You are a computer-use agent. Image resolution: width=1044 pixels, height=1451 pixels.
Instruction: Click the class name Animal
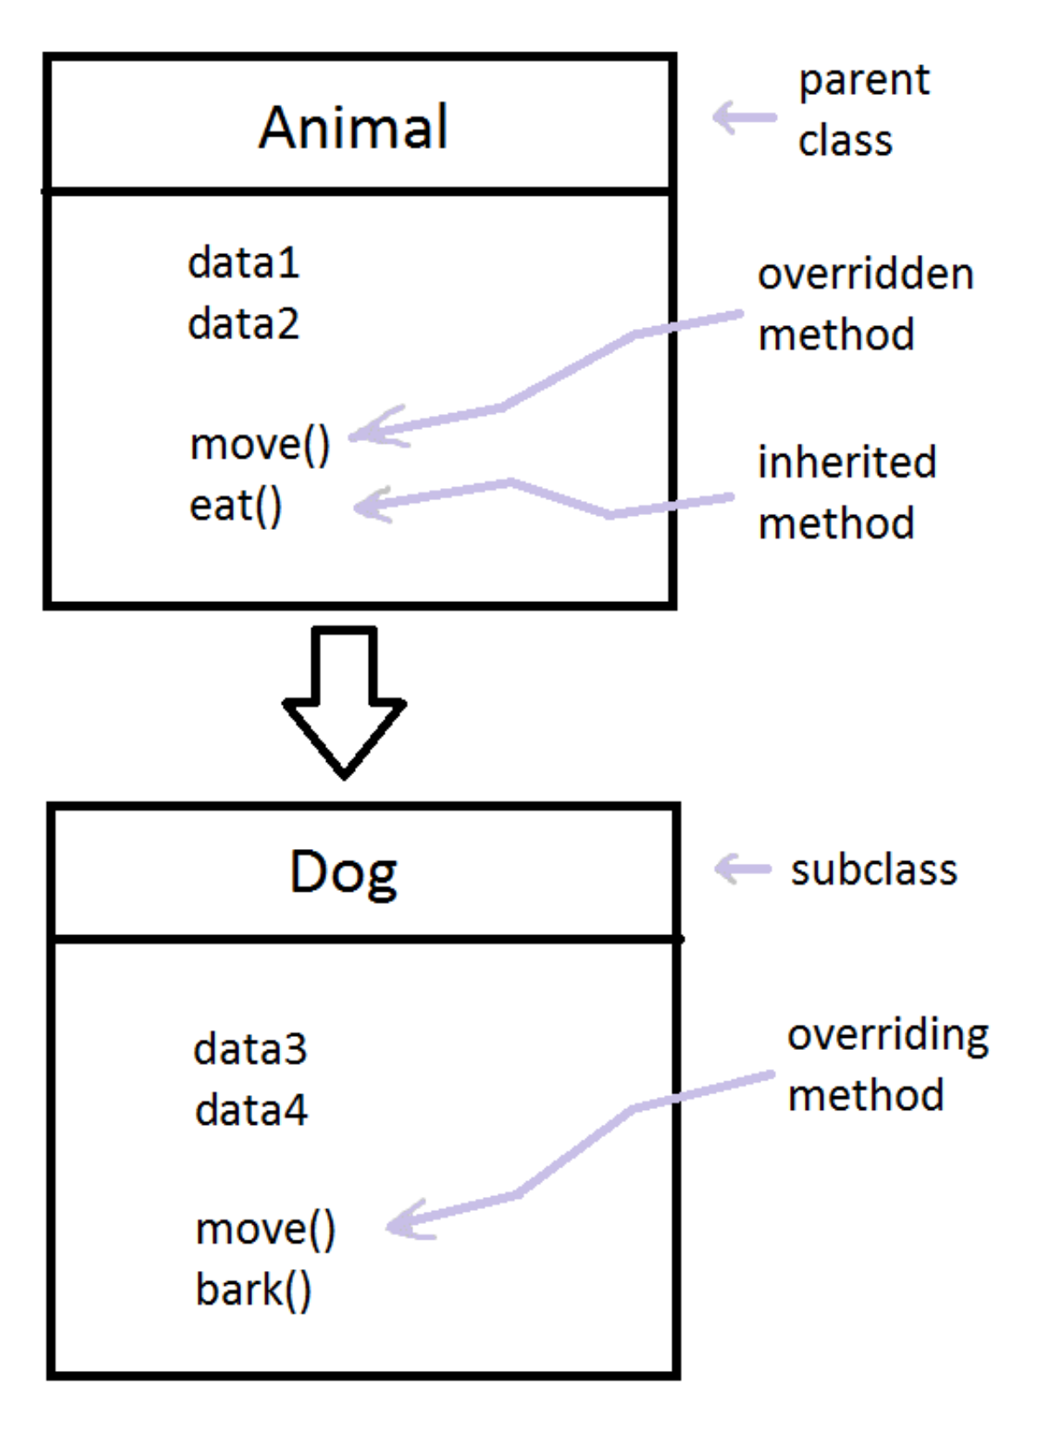coord(353,126)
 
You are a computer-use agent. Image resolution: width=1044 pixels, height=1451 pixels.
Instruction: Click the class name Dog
coord(344,873)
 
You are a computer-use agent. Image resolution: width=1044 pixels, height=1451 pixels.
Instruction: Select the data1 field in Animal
coord(244,263)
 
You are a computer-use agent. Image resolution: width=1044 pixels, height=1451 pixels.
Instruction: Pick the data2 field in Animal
coord(244,323)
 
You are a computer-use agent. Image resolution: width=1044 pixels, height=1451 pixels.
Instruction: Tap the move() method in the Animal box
coord(260,445)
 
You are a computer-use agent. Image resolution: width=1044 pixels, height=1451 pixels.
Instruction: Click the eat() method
coord(235,506)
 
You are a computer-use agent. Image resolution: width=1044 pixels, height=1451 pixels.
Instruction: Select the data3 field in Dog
coord(250,1049)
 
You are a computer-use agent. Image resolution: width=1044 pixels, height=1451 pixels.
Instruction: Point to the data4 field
coord(251,1110)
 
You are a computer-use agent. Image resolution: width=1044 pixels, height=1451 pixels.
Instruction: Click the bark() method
coord(253,1290)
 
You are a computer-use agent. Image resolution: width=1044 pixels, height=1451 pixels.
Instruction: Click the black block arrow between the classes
coord(344,702)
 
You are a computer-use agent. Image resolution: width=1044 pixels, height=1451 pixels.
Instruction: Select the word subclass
coord(873,869)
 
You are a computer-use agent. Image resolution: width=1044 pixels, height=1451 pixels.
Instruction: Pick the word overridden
coord(866,274)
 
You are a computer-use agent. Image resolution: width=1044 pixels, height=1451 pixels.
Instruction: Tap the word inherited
coord(847,462)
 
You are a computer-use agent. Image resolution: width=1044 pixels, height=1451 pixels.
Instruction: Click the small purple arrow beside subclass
coord(743,869)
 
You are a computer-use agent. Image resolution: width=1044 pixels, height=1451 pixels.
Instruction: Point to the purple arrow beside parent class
coord(745,118)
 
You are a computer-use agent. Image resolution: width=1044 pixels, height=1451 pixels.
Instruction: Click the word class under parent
coord(845,141)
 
